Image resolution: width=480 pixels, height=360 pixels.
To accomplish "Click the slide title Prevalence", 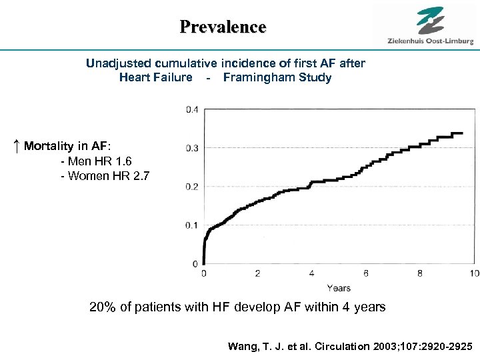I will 223,27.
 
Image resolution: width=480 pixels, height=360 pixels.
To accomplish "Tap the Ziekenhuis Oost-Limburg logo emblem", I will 430,20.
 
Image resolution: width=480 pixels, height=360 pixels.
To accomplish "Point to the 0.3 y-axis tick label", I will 191,148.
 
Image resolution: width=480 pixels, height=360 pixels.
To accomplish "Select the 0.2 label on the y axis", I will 191,187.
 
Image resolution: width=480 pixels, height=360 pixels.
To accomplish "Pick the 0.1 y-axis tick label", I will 191,225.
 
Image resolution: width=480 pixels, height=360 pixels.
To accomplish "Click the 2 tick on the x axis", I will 258,273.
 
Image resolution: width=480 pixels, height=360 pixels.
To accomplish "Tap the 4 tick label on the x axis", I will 312,273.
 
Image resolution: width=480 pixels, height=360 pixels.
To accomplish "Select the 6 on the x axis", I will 366,273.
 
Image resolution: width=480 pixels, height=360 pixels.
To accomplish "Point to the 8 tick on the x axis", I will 420,273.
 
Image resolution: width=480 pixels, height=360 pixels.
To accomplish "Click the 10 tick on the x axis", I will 473,273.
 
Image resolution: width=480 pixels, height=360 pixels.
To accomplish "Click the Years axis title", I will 339,288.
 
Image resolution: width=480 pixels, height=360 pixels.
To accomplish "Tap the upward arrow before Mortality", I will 16,146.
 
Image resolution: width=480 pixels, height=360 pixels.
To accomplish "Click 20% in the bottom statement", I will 103,307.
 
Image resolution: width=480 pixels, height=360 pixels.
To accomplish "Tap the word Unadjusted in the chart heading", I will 120,63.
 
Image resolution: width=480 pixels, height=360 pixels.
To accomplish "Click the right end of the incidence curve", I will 462,133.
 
